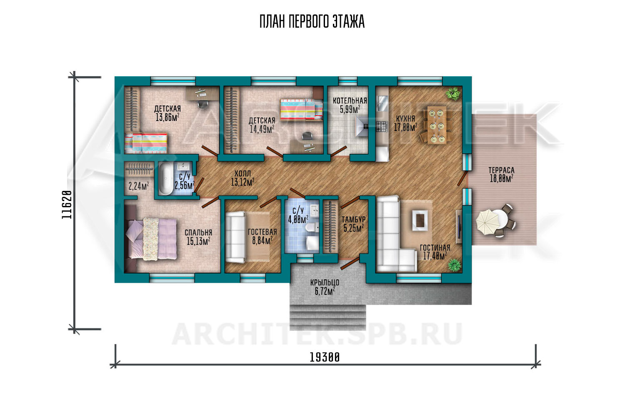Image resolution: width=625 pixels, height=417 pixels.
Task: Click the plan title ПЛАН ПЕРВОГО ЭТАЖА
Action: [312, 22]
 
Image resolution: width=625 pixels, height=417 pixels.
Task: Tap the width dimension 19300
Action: [325, 357]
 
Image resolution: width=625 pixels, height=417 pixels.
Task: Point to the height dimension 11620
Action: [67, 205]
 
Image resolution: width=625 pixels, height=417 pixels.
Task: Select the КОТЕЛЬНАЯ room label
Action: [350, 100]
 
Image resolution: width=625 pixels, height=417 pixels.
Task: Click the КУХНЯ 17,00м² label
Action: [405, 123]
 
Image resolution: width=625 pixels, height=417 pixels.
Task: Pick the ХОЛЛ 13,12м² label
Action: [242, 178]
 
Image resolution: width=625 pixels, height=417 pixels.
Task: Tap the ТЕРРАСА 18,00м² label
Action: [501, 174]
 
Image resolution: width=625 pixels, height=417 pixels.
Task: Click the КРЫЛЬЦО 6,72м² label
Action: [325, 287]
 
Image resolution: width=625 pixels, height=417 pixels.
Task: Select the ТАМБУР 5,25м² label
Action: [353, 224]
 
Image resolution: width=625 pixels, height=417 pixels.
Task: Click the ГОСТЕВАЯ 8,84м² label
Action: [262, 236]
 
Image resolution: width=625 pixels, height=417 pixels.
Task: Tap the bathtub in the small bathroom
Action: [166, 179]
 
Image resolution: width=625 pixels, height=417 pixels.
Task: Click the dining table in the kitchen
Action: [437, 125]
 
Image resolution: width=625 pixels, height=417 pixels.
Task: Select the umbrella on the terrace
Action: [488, 222]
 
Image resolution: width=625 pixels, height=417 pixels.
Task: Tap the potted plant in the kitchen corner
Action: [452, 93]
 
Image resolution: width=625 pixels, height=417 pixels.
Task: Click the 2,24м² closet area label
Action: [138, 186]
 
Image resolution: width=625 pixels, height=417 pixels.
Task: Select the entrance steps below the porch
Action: [328, 318]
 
